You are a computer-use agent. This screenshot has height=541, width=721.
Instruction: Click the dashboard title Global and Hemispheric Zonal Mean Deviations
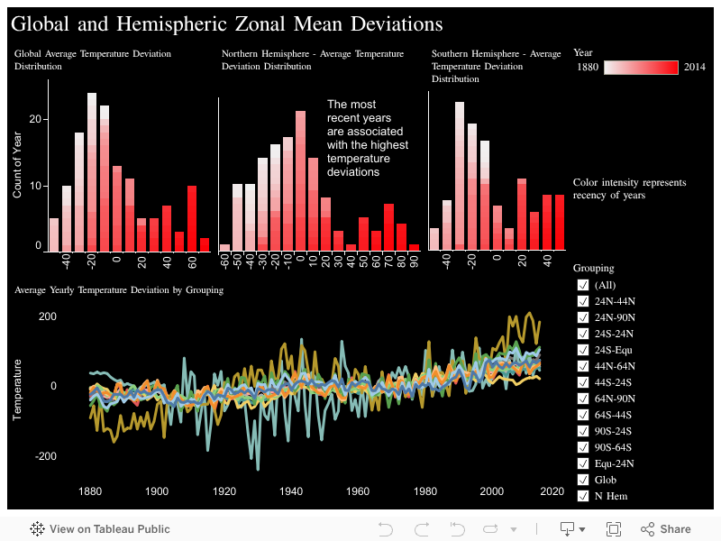click(227, 23)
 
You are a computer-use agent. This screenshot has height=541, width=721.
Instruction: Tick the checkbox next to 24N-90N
click(583, 317)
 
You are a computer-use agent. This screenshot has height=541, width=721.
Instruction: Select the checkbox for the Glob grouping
click(583, 480)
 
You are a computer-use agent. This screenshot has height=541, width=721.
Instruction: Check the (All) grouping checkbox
click(583, 285)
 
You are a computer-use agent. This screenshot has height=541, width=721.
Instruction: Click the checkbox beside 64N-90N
click(583, 399)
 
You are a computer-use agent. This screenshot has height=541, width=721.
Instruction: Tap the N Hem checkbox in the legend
click(583, 496)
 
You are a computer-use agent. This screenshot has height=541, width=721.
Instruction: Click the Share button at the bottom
click(666, 529)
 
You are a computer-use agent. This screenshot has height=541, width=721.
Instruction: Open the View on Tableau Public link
click(100, 529)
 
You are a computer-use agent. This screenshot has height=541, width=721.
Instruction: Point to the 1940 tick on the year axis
click(291, 491)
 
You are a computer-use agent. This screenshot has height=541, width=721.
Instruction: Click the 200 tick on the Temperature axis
click(48, 316)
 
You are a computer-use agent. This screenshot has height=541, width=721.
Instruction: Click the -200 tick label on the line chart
click(46, 456)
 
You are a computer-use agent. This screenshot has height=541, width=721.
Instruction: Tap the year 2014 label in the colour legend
click(694, 68)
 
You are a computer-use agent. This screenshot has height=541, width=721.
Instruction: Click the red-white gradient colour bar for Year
click(641, 68)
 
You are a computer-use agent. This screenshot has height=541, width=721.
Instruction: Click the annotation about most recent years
click(367, 138)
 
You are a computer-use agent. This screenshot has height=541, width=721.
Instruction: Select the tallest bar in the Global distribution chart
click(92, 171)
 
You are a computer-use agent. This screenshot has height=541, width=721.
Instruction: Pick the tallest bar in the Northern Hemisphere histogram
click(301, 180)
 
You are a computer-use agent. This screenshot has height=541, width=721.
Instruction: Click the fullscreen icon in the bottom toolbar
click(614, 529)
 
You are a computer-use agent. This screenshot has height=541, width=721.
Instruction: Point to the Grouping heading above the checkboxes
click(594, 268)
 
